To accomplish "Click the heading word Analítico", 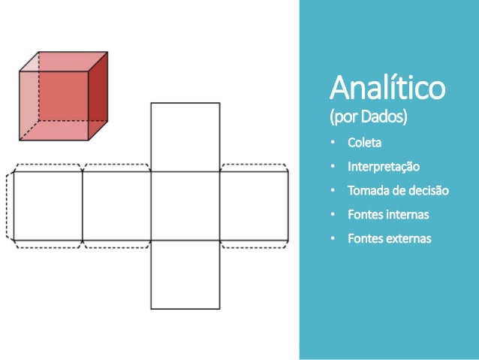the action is pos(388,90).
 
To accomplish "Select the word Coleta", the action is pos(364,143).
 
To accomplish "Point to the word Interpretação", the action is pos(384,166).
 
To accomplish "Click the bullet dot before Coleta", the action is pos(334,143).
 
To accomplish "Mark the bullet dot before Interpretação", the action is pos(334,166).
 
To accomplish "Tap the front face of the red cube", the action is pos(54,104).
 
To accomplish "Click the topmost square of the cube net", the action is pos(185,137).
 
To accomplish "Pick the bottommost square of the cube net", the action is pos(185,274).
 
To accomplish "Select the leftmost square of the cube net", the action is pos(47,206).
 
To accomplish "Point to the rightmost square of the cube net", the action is pos(254,206).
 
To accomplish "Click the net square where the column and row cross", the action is pos(185,206).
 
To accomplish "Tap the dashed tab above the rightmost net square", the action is pos(254,168).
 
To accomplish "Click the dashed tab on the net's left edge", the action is pos(10,206).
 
